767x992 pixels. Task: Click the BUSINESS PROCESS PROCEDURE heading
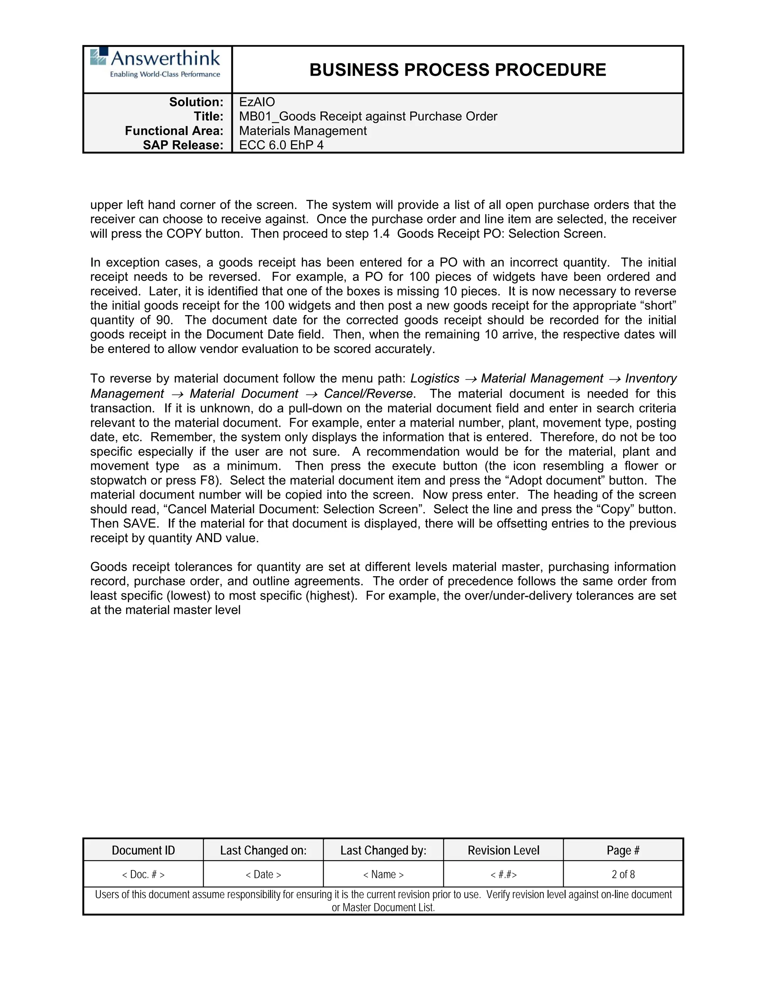pyautogui.click(x=458, y=70)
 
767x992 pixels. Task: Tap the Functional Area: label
pyautogui.click(x=174, y=131)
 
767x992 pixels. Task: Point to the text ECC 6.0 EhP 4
pyautogui.click(x=281, y=145)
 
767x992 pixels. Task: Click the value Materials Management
pyautogui.click(x=303, y=131)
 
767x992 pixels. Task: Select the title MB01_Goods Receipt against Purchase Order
pyautogui.click(x=368, y=117)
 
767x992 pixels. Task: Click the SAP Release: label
pyautogui.click(x=183, y=145)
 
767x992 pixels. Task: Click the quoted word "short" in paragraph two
pyautogui.click(x=661, y=306)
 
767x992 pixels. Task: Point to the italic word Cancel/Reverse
pyautogui.click(x=368, y=394)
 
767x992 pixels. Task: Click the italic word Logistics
pyautogui.click(x=435, y=379)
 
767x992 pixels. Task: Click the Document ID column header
pyautogui.click(x=143, y=850)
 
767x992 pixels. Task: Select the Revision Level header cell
pyautogui.click(x=503, y=850)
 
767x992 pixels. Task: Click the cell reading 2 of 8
pyautogui.click(x=623, y=874)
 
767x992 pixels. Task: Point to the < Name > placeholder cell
pyautogui.click(x=383, y=874)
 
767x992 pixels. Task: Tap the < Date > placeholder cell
pyautogui.click(x=263, y=874)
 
